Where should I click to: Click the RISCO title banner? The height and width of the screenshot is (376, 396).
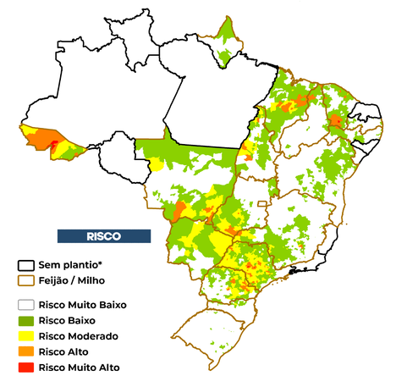tap(103, 235)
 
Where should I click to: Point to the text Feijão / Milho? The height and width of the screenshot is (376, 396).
tap(80, 280)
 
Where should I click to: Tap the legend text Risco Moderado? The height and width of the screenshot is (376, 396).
tap(85, 335)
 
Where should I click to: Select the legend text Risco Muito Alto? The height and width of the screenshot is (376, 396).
tap(85, 367)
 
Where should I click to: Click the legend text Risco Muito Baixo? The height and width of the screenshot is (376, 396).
tap(89, 304)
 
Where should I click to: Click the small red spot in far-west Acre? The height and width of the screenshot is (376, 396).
tap(55, 144)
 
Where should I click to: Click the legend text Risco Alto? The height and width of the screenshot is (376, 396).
tap(75, 351)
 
